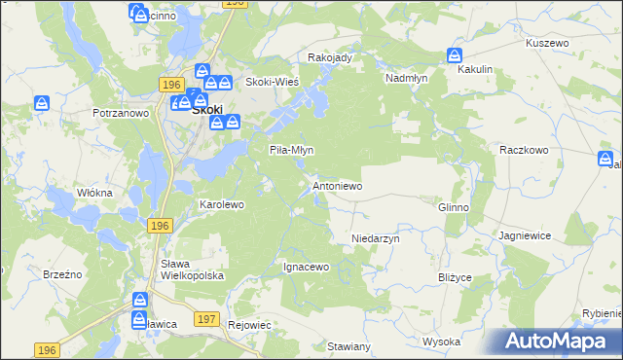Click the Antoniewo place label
click(337, 185)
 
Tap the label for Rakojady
click(329, 57)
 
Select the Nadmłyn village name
click(408, 77)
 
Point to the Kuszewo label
click(546, 44)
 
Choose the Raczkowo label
click(525, 150)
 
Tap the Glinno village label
click(454, 207)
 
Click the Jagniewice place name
click(525, 235)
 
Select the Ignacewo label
click(307, 266)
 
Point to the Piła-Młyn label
click(291, 150)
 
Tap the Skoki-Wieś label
click(272, 82)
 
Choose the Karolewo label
click(221, 205)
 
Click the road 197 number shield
click(205, 318)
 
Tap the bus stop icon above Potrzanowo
click(42, 103)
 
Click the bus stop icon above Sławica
click(140, 301)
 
